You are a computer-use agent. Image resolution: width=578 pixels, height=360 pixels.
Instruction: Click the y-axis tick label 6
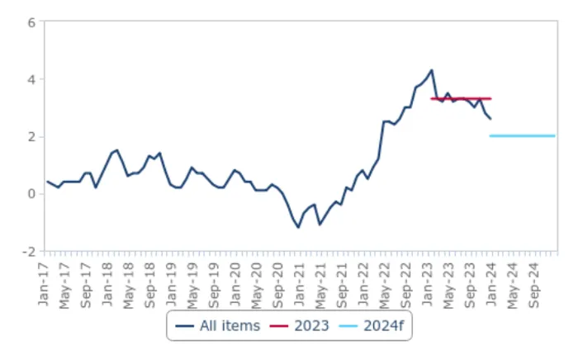tap(31, 23)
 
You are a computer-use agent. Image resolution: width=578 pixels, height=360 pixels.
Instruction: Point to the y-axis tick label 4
tap(31, 79)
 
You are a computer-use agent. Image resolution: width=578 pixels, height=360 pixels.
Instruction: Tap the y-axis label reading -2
tap(29, 252)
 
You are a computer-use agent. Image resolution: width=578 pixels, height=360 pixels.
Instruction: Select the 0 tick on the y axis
tap(31, 194)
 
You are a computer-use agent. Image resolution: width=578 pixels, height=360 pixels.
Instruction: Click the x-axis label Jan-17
tap(44, 284)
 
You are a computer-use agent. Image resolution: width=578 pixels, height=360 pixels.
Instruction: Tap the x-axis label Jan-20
tap(235, 284)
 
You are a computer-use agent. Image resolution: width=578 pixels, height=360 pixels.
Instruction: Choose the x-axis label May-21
tap(320, 286)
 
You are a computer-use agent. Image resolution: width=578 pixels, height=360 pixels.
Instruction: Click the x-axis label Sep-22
tap(406, 286)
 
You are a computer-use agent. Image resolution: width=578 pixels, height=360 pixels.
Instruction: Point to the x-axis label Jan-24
tap(491, 284)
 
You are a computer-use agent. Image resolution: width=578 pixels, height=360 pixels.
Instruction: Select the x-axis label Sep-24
tap(534, 286)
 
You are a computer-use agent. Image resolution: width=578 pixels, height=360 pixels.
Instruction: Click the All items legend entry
tap(218, 326)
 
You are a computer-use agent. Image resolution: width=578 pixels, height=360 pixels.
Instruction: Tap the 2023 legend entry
tap(299, 326)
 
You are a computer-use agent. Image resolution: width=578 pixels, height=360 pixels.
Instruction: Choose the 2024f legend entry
tap(372, 326)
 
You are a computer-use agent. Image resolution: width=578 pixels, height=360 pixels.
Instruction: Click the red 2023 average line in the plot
tap(461, 99)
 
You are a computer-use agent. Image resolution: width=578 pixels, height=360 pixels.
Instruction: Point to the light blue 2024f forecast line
tap(523, 136)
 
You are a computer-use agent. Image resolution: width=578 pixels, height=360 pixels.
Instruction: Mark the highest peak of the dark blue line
tap(432, 70)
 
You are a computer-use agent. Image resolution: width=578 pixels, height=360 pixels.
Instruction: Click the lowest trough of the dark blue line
tap(298, 227)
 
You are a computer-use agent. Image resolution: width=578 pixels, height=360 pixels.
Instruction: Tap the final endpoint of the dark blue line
tap(490, 119)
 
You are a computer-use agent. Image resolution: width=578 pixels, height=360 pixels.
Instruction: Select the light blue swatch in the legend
tap(348, 326)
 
